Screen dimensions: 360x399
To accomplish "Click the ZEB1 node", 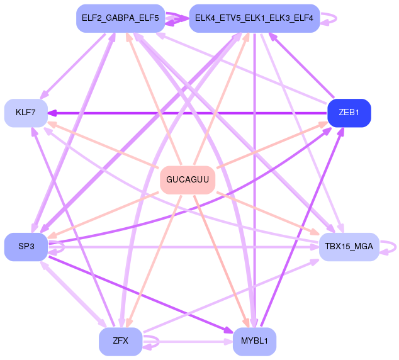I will tap(349, 113).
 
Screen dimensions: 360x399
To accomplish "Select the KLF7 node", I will tap(26, 113).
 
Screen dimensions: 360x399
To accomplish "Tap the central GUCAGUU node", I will tap(188, 180).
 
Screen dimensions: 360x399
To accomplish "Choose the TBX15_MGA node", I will tap(349, 247).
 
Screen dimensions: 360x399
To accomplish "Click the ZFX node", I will tap(120, 341).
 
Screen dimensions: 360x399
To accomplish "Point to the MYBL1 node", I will tap(254, 341).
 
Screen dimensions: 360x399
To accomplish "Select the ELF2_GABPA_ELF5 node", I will tap(121, 18).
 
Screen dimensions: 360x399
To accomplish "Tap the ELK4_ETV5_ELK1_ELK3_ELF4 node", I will tap(254, 18).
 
